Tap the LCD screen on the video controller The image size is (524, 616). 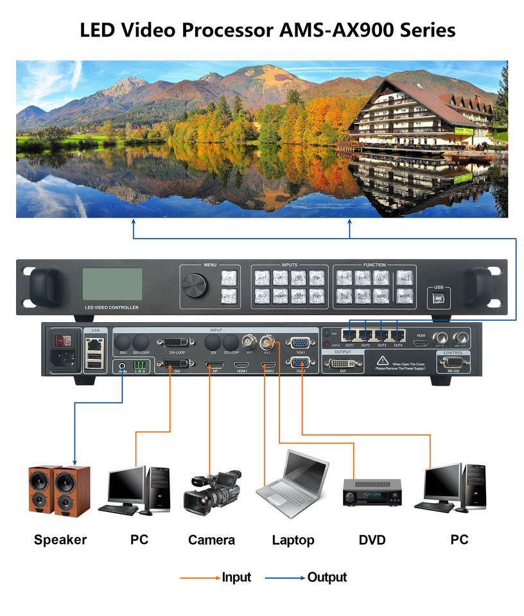(112, 284)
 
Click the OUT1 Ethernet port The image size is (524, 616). (349, 334)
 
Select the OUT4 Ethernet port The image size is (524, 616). (398, 334)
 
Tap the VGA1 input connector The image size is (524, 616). (299, 343)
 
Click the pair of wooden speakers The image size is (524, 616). (59, 489)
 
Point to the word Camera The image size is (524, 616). (211, 540)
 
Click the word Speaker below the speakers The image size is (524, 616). (60, 540)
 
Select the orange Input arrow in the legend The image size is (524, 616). (200, 578)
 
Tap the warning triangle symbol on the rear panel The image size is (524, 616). (382, 361)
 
